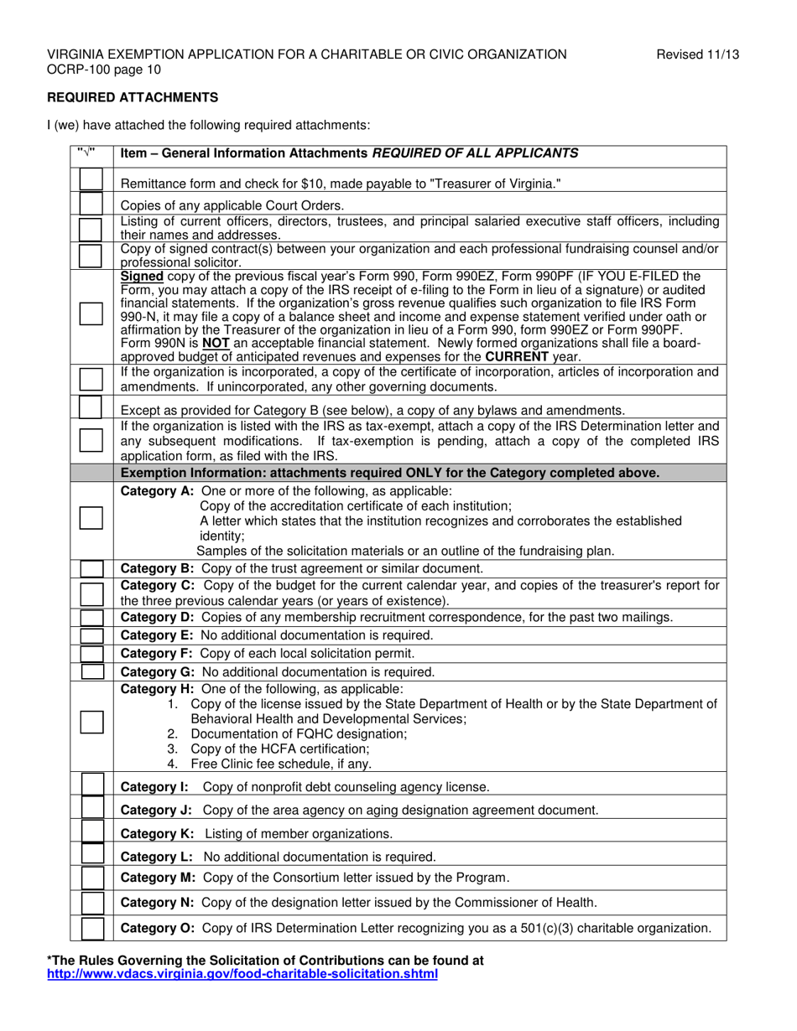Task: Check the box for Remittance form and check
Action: tap(91, 180)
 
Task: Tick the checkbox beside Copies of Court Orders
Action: tap(91, 203)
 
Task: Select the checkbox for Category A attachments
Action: tap(91, 517)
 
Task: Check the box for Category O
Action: tap(92, 929)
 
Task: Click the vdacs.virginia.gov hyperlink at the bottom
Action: tap(242, 974)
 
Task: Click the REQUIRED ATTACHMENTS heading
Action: tap(133, 97)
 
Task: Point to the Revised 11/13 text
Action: tap(697, 54)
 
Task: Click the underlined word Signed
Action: tap(142, 276)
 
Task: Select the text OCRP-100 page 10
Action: tap(104, 70)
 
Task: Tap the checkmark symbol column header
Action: tap(86, 153)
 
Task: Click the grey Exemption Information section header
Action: tap(390, 473)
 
